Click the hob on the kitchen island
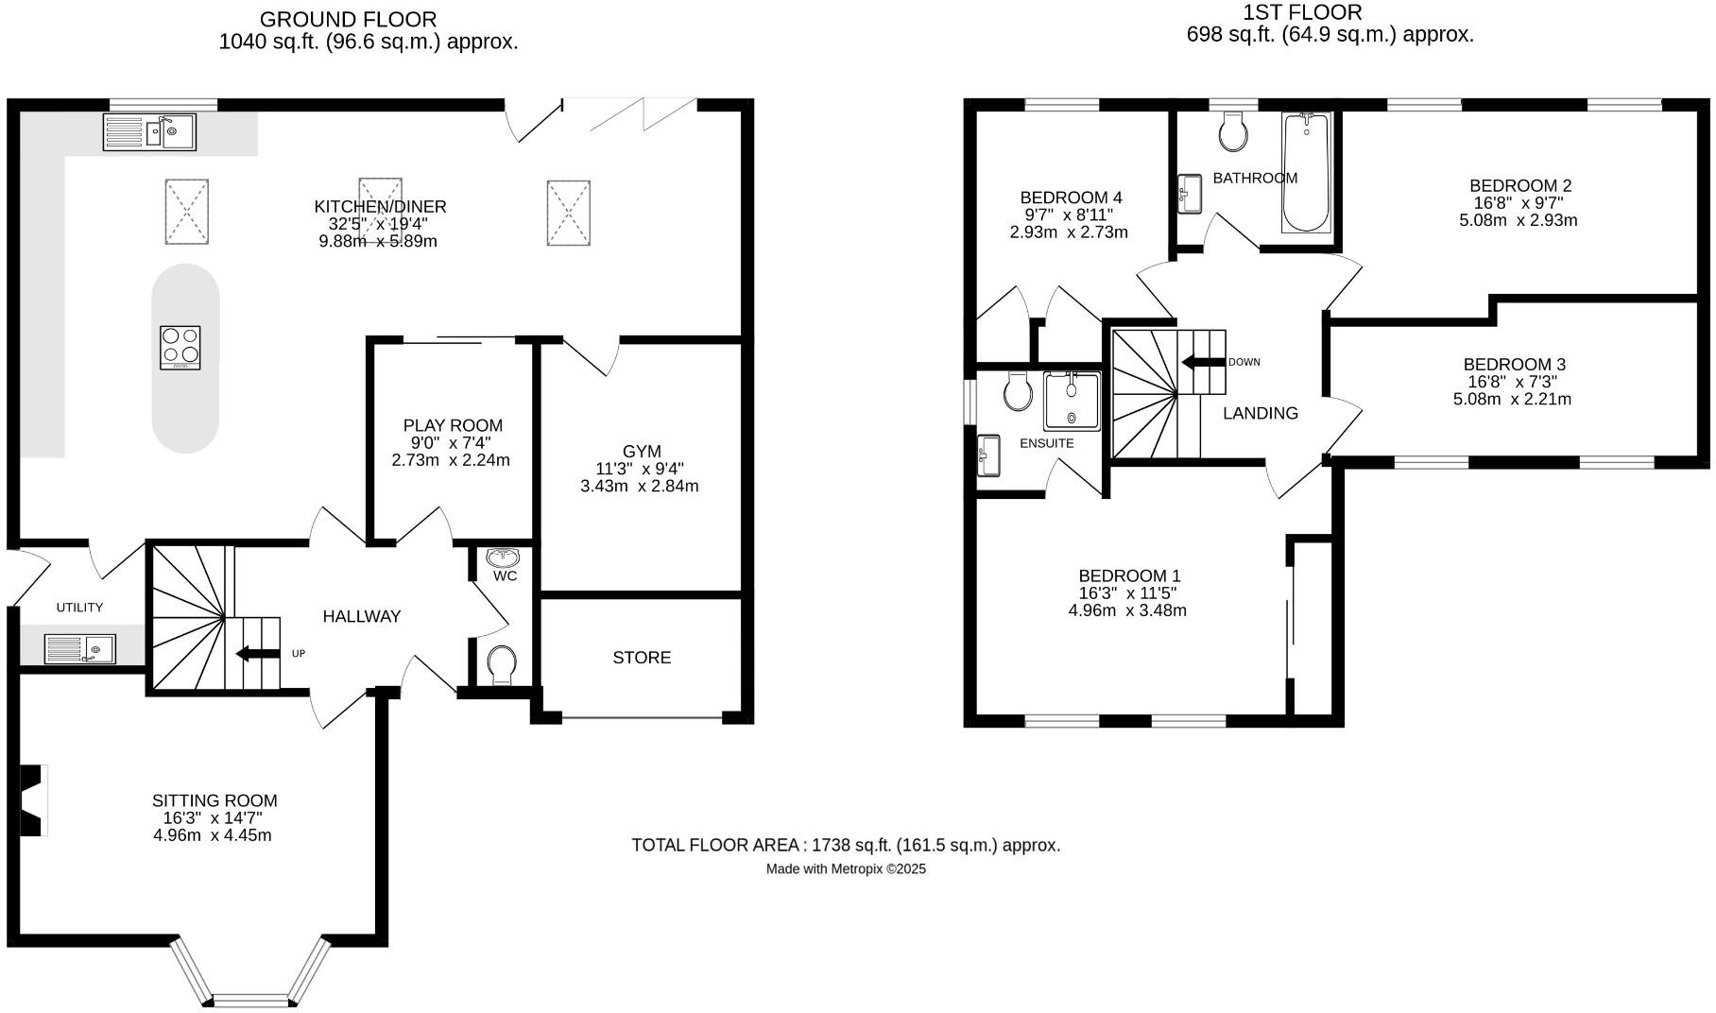click(x=180, y=347)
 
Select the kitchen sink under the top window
click(x=149, y=132)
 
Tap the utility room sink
click(x=79, y=648)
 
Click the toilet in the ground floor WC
click(x=502, y=663)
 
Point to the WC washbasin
click(x=504, y=558)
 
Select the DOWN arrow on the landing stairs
click(x=1202, y=362)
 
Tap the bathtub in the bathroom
click(x=1306, y=172)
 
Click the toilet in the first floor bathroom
click(x=1232, y=132)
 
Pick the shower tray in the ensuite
click(x=1072, y=401)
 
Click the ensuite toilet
click(x=1018, y=391)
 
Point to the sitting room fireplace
click(x=34, y=799)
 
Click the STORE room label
click(x=642, y=658)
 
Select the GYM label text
click(x=642, y=452)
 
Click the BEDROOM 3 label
click(x=1514, y=364)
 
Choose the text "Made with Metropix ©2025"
click(x=846, y=868)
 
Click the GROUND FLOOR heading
click(x=348, y=19)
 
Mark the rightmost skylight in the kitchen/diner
click(x=568, y=214)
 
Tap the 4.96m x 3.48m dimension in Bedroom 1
click(x=1127, y=610)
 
